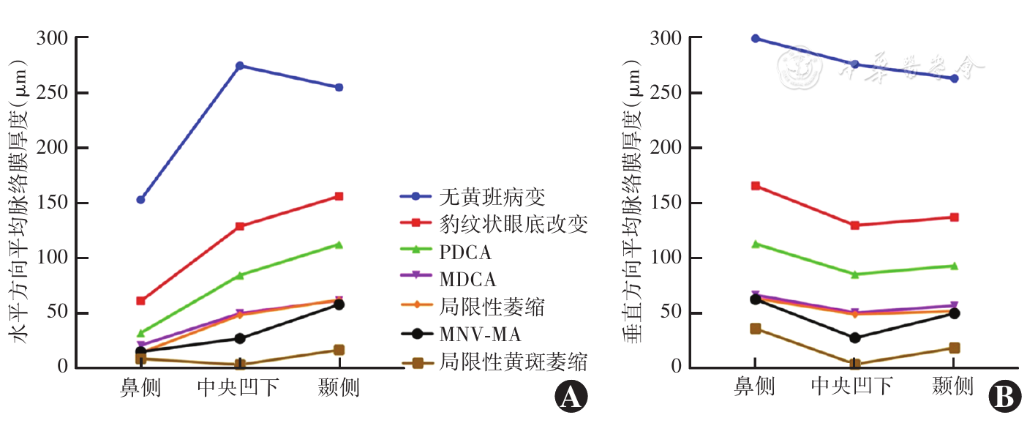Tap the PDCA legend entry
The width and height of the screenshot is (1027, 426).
coord(465,252)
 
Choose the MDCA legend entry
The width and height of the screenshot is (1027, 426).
coord(467,279)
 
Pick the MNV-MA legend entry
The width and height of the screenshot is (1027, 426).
coord(480,335)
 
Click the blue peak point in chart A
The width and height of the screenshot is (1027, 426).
coord(239,66)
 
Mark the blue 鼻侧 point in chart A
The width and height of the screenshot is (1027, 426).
coord(140,199)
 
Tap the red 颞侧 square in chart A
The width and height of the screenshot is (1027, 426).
coord(339,196)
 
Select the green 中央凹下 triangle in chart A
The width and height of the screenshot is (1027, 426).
coord(239,275)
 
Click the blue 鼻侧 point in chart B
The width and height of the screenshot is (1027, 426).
coord(755,38)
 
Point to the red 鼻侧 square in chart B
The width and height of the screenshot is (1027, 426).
coord(755,186)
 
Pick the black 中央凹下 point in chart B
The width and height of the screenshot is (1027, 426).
coord(854,338)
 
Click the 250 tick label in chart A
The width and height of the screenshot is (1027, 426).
coord(53,93)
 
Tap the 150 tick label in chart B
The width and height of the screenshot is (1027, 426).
coord(668,203)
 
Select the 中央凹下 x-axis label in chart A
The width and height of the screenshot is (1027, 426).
coord(238,387)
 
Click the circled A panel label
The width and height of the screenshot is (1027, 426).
coord(571,397)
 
